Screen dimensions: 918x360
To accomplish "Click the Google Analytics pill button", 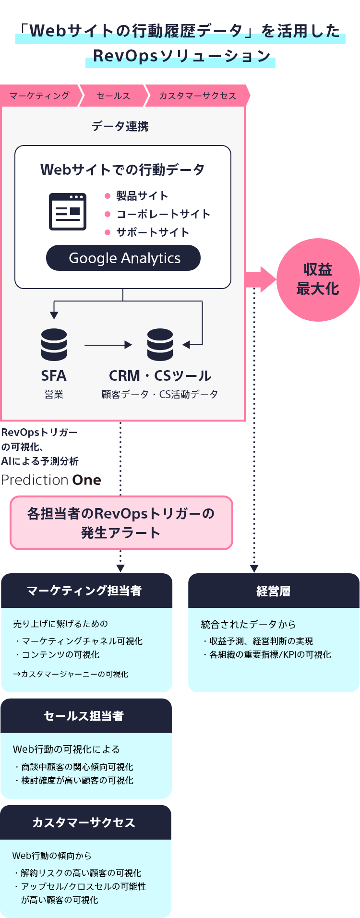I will click(123, 258).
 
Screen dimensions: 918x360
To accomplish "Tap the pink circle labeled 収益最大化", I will click(318, 279).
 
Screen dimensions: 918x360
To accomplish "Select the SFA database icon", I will click(54, 344).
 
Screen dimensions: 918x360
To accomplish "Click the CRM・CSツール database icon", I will click(160, 344).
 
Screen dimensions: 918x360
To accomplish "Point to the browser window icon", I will click(68, 212).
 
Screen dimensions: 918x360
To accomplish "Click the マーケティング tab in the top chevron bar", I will click(39, 96).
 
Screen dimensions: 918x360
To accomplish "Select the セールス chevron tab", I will click(113, 96).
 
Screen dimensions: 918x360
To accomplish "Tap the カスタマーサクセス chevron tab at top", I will click(197, 96).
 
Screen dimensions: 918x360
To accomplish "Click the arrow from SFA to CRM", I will click(108, 345).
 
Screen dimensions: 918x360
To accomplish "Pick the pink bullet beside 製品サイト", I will click(108, 196).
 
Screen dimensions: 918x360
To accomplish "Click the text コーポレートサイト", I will click(163, 214).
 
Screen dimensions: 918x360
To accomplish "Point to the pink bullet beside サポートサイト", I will click(108, 232).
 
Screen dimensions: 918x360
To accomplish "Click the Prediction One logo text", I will click(51, 480).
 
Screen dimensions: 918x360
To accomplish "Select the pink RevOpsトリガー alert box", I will click(121, 523).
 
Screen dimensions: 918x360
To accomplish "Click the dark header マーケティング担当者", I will click(86, 591).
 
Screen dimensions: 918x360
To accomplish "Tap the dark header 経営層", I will click(274, 591).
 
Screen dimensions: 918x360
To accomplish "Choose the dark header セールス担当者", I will click(86, 716).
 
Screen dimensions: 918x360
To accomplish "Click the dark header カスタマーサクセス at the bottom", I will click(85, 822).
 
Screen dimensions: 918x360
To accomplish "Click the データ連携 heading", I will click(120, 126).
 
